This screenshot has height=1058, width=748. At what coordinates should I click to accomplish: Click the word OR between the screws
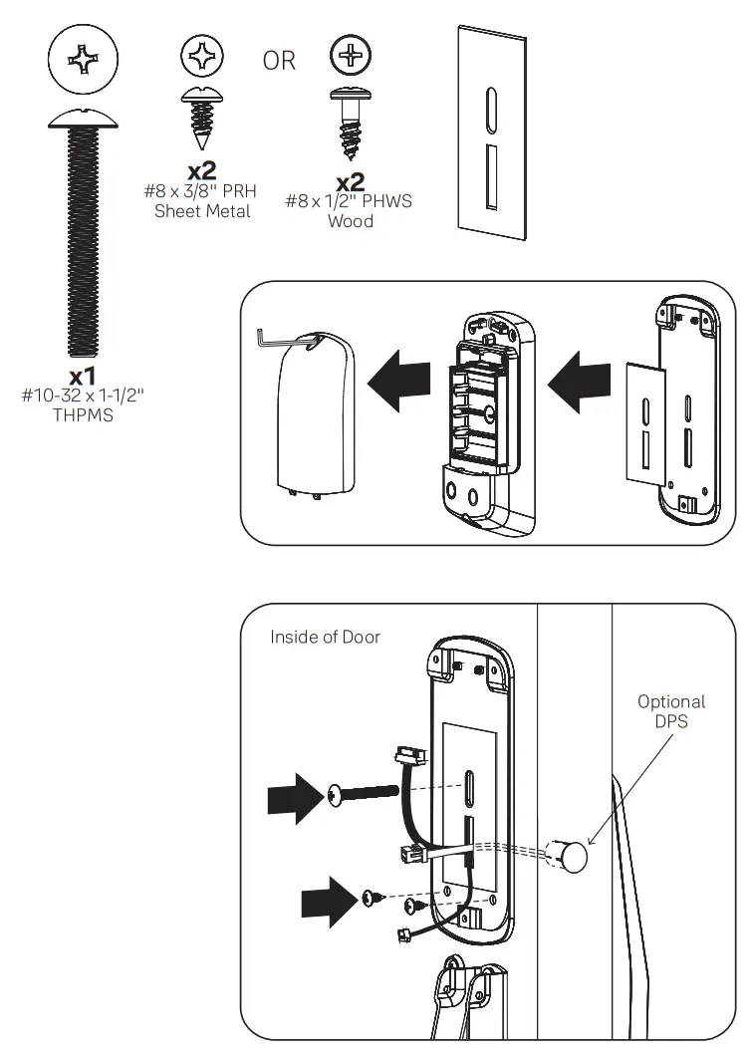coord(279,61)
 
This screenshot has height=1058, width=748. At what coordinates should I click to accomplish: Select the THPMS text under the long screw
coord(83,415)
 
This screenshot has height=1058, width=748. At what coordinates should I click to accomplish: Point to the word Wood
coord(351,220)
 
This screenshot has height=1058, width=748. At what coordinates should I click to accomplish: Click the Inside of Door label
coord(325,637)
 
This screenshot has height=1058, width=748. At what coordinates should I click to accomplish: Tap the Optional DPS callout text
coord(671,712)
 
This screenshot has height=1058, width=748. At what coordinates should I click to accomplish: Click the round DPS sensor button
coord(571,856)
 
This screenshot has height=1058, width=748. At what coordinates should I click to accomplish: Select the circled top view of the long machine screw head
coord(83,62)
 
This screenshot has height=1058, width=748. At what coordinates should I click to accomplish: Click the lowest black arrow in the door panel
coord(329,901)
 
